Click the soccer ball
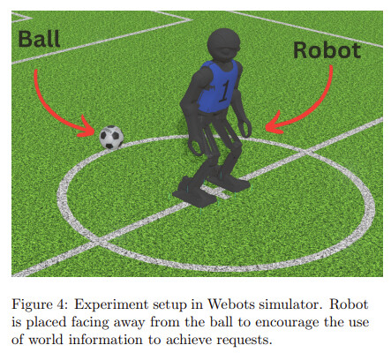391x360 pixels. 111,137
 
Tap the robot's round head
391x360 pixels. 223,45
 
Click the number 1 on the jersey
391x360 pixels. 224,91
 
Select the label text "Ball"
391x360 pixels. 39,39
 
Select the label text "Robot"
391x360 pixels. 327,50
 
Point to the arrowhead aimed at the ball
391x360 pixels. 86,128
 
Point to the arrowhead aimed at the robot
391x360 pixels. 274,124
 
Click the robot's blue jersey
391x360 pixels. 218,86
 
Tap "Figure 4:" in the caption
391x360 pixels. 40,304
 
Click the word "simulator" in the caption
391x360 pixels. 289,304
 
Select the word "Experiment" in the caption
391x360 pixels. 111,305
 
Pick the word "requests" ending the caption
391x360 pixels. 244,341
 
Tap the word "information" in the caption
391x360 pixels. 106,340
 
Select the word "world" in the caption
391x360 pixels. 46,340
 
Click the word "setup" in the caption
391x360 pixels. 169,305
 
